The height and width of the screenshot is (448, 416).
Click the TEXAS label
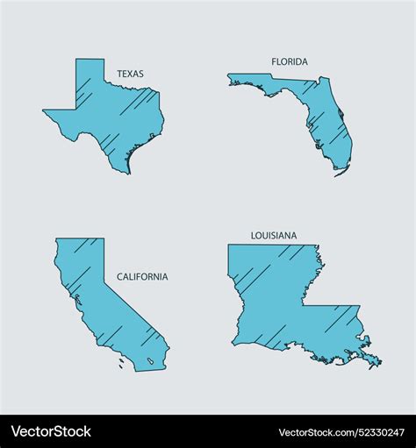point(131,75)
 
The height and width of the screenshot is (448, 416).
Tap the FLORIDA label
point(290,61)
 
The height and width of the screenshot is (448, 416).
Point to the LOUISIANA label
point(274,236)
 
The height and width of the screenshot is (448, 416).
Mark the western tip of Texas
point(45,111)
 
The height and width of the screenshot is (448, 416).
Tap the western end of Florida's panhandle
point(230,79)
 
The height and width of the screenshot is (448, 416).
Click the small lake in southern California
point(153,360)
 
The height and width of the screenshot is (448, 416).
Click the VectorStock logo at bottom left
point(51,431)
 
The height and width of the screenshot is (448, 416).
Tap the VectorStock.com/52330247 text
point(341,432)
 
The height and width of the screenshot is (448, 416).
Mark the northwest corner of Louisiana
point(230,246)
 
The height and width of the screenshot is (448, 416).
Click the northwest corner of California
point(58,239)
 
